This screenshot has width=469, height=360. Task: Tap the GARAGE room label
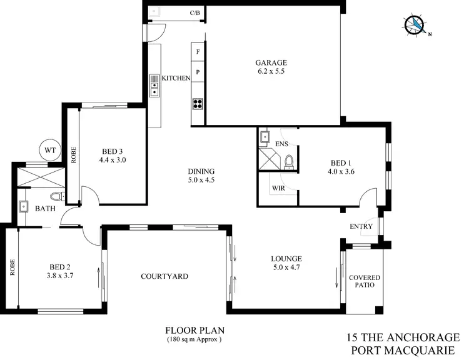coord(271,62)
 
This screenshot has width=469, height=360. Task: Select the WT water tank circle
coord(49,150)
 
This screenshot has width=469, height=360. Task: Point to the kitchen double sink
coord(154,86)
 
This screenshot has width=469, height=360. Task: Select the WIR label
coord(278,187)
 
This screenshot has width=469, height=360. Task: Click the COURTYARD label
coord(164,276)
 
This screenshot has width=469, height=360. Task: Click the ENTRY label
coord(361,227)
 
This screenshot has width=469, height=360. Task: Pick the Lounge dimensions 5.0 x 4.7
coord(286,267)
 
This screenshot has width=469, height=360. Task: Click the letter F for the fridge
coord(198,52)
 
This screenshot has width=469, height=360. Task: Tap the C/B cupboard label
coord(194,12)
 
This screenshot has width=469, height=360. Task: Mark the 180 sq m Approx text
coord(194,339)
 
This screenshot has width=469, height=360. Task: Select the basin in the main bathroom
coord(24,206)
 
